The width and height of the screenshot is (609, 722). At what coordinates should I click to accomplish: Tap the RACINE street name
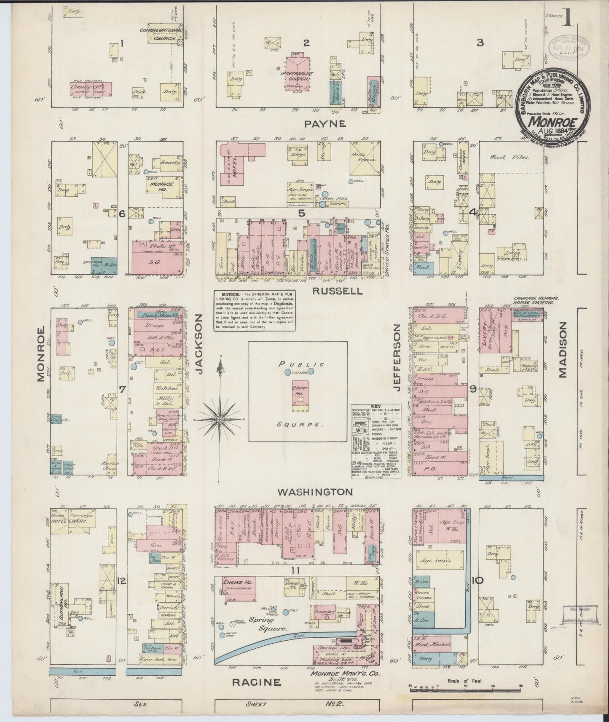tap(255, 682)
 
